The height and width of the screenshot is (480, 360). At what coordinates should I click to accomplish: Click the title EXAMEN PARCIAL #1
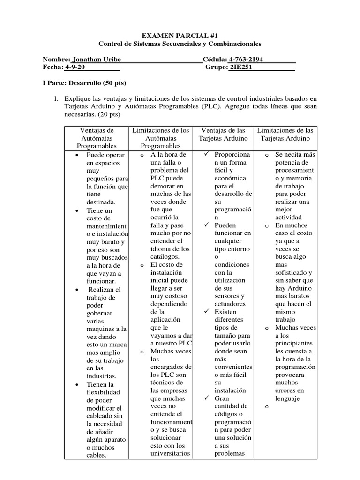[180, 35]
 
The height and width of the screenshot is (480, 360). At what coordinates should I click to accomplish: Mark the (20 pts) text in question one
[106, 114]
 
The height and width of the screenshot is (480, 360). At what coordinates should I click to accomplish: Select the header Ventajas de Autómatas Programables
[97, 138]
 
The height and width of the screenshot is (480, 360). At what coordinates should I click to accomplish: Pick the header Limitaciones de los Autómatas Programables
[161, 138]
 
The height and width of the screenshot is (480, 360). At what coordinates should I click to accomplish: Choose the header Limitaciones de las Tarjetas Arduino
[285, 134]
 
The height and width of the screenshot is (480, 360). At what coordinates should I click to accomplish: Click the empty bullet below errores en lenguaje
[266, 407]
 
